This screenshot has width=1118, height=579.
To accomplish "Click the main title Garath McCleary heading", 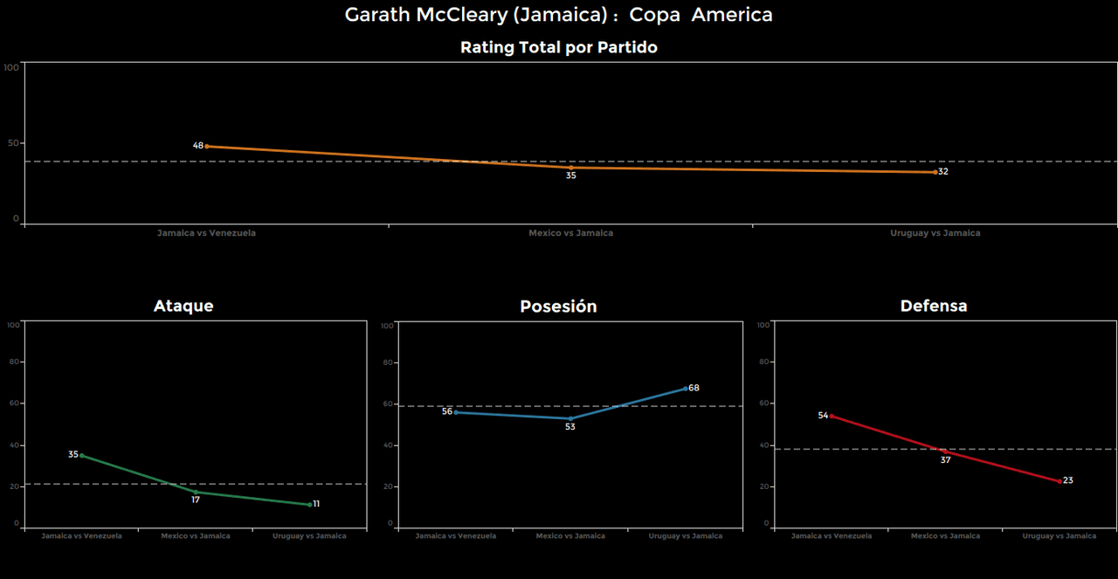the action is [x=558, y=15].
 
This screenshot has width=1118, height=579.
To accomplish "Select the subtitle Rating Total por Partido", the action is [x=558, y=48].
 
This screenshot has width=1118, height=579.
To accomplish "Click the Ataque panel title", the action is [x=183, y=306].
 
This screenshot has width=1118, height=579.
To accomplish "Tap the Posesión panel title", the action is [x=558, y=307].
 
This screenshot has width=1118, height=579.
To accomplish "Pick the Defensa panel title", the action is [x=934, y=306].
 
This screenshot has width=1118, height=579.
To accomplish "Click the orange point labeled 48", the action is [x=206, y=146].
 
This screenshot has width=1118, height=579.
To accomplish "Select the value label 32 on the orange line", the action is [x=943, y=172].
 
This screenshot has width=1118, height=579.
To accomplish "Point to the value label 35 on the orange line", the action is [x=570, y=176].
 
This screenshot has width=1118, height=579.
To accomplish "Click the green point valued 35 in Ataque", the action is [x=81, y=455].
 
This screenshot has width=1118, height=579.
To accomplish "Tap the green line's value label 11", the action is [x=316, y=504].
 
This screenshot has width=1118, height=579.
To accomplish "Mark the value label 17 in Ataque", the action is [x=196, y=500].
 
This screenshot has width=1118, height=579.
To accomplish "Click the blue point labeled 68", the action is [x=686, y=388].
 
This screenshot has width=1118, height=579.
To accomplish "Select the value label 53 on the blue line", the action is [x=569, y=427].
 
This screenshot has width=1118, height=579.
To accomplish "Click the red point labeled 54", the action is [x=831, y=416].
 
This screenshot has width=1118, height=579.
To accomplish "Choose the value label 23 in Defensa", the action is [x=1068, y=480].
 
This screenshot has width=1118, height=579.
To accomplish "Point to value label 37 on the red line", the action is [x=945, y=460].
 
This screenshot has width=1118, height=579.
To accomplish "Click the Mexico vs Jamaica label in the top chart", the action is [x=570, y=233].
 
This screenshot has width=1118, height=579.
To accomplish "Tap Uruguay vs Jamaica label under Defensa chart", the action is [x=1059, y=536].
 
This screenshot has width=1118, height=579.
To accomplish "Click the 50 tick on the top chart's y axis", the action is [x=12, y=143].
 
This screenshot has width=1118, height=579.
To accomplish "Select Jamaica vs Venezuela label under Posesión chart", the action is [x=456, y=536].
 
